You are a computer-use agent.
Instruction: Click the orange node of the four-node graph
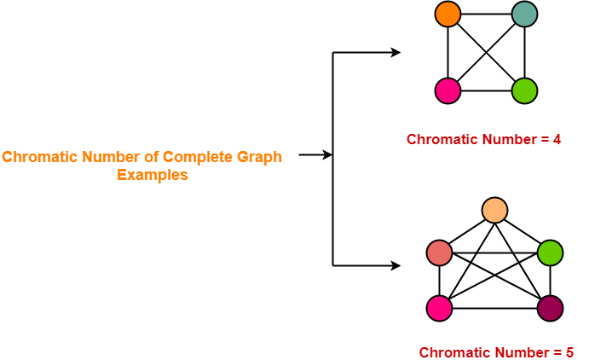(x=448, y=15)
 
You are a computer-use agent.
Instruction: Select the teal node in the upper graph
(x=524, y=15)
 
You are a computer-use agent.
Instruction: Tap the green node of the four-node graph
(x=524, y=91)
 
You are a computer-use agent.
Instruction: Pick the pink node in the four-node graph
(x=448, y=91)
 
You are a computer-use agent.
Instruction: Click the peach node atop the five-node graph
(x=494, y=210)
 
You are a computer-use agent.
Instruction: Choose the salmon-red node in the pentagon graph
(x=439, y=253)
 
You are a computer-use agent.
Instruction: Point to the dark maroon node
(x=551, y=309)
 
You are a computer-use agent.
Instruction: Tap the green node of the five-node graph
(x=551, y=253)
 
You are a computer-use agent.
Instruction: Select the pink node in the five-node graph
(x=439, y=309)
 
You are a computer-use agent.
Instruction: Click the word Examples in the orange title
(x=152, y=175)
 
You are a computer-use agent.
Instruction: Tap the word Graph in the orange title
(x=259, y=158)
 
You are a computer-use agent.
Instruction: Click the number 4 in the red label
(x=557, y=139)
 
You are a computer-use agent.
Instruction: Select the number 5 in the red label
(x=569, y=352)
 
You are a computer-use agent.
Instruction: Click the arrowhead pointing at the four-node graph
(x=396, y=53)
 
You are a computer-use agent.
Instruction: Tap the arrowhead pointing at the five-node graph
(x=396, y=265)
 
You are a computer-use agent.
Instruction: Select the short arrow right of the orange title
(x=315, y=154)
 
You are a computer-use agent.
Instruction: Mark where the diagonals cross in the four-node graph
(x=486, y=53)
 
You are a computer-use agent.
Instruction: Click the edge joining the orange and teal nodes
(x=486, y=15)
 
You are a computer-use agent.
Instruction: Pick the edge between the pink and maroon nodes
(x=494, y=309)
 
